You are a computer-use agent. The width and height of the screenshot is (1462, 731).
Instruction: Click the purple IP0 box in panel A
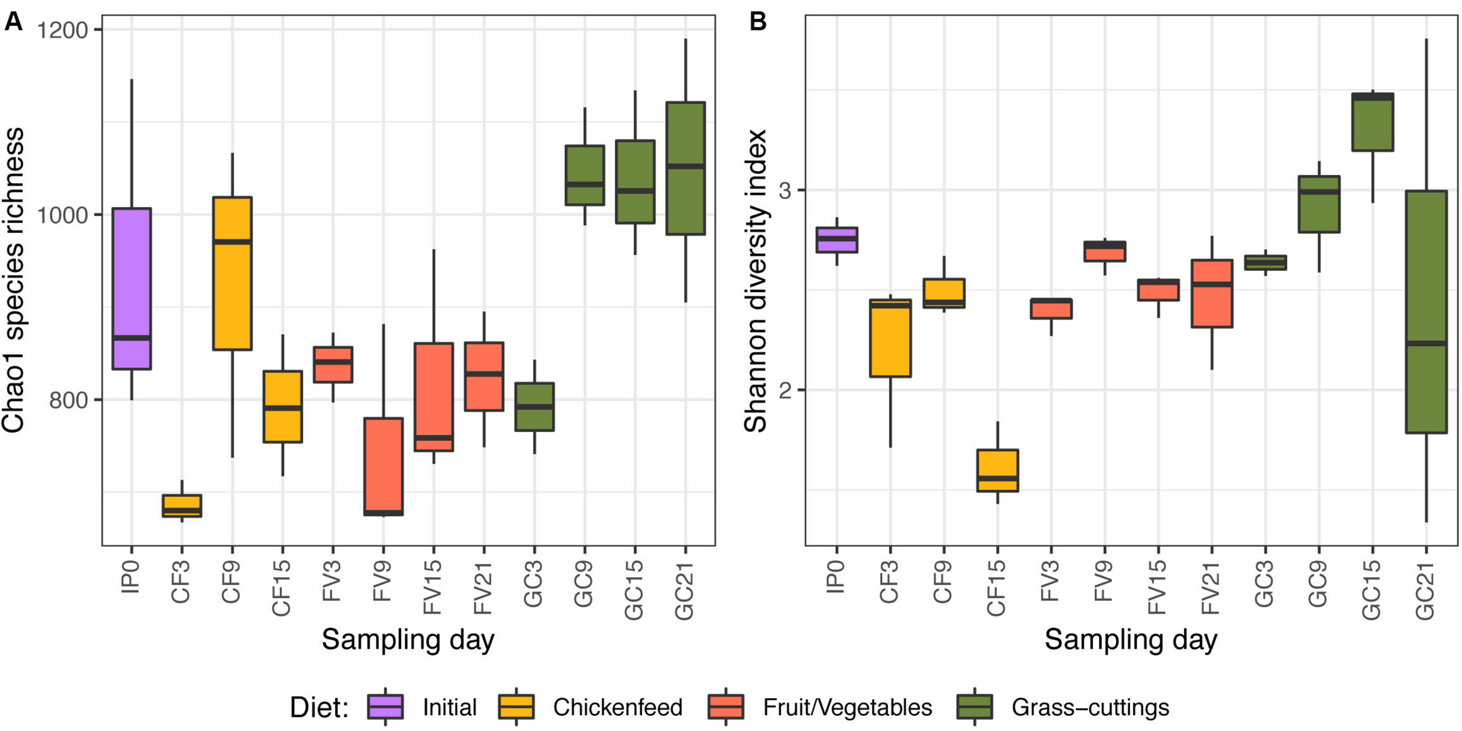(x=132, y=288)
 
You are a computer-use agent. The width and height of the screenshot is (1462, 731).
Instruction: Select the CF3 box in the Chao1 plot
(x=182, y=506)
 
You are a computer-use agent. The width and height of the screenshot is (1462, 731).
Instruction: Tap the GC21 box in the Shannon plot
(x=1426, y=311)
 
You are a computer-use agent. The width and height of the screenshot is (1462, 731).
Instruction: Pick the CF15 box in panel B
(x=998, y=470)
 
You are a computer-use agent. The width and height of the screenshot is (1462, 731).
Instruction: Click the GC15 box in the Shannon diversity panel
(x=1373, y=122)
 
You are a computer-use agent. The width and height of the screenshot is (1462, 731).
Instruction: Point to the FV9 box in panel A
(x=383, y=466)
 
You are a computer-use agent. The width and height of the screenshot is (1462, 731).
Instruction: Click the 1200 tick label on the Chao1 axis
(x=63, y=30)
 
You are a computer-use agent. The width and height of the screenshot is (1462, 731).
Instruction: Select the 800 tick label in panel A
(x=68, y=400)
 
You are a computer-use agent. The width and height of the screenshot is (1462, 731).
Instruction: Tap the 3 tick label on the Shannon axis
(x=784, y=191)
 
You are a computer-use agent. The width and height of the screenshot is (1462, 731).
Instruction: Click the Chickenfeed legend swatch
(x=516, y=706)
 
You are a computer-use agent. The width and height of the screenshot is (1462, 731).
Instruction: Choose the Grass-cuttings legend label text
(x=1090, y=708)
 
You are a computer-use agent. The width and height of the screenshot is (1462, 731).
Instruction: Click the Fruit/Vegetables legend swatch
(x=725, y=706)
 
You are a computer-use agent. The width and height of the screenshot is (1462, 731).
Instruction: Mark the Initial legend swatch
(x=385, y=706)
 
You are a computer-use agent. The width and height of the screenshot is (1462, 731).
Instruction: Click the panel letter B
(x=758, y=22)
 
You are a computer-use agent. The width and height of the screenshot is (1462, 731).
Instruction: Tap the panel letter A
(x=13, y=22)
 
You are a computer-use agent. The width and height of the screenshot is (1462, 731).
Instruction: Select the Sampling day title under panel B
(x=1130, y=640)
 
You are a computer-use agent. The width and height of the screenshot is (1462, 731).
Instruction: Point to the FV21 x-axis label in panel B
(x=1211, y=588)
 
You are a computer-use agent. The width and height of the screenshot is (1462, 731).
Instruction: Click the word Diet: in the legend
(x=319, y=708)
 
